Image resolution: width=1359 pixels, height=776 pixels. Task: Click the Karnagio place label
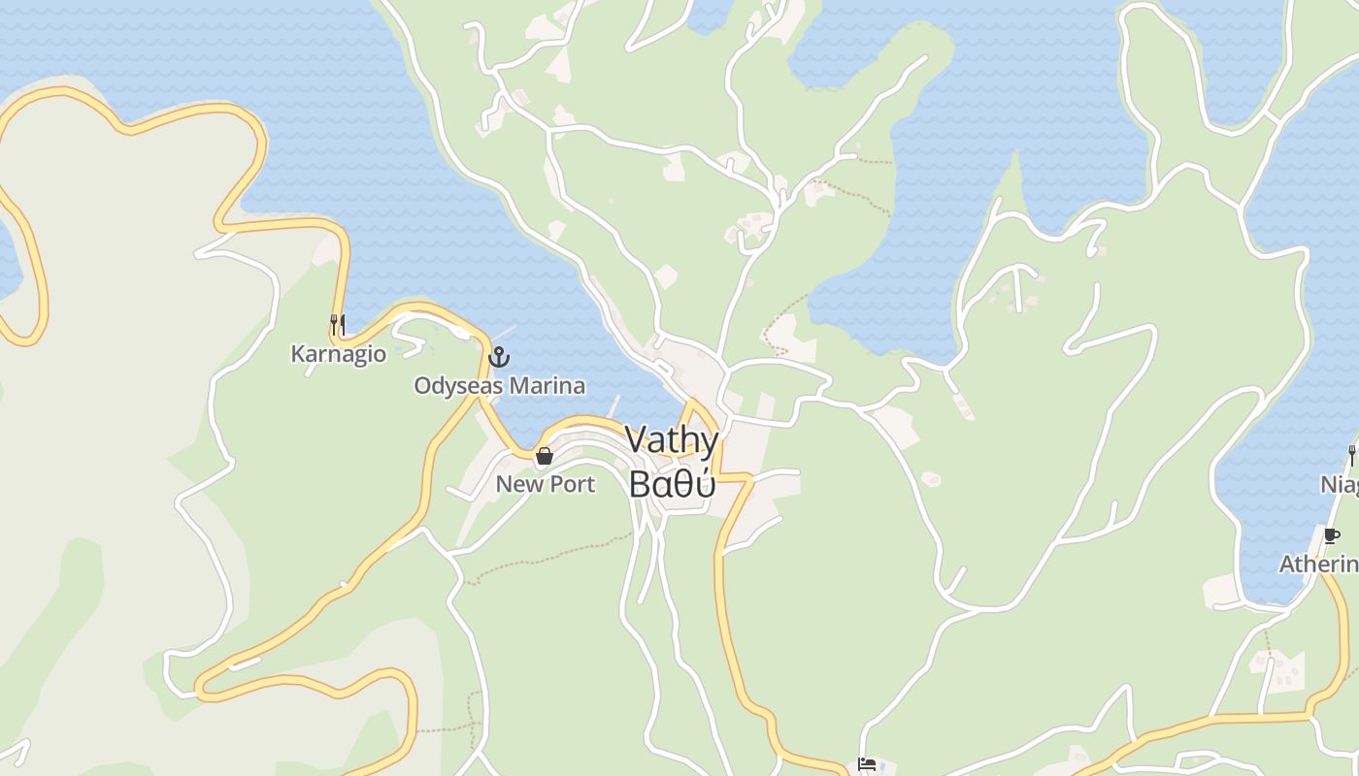pos(338,354)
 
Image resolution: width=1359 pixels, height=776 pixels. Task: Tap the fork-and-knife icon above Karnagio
pos(338,324)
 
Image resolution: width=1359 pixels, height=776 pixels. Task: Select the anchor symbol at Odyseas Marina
pos(498,357)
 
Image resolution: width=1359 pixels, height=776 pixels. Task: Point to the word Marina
pos(547,386)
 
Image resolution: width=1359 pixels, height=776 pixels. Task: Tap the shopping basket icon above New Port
pos(545,455)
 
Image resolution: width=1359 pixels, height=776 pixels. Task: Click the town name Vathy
pos(672,441)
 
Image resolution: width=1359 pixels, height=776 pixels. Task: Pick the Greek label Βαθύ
pos(672,482)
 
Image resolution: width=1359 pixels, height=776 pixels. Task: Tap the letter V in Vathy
pos(636,440)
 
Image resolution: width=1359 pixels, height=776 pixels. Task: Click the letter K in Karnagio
pos(298,354)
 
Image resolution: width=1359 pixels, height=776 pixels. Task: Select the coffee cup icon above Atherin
pos(1331,534)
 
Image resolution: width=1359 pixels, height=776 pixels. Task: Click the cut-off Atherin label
pos(1318,564)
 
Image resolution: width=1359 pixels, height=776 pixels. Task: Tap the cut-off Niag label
pos(1339,483)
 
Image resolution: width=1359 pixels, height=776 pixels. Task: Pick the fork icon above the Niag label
pos(1351,454)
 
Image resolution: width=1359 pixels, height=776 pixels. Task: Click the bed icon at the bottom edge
pos(867,765)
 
